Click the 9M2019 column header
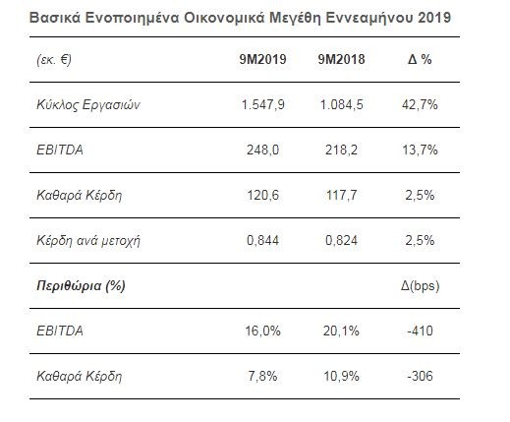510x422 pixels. tap(262, 59)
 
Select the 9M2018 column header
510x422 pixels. tap(341, 59)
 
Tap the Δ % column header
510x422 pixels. tap(420, 59)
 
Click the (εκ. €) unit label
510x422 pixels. tap(54, 60)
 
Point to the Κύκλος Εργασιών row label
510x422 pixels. tap(88, 105)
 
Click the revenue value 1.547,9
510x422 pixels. tap(262, 105)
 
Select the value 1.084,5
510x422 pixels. tap(341, 105)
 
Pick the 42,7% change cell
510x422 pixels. tap(420, 105)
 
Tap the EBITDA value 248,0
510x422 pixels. tap(262, 151)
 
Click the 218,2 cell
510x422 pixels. tap(341, 151)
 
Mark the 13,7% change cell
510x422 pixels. tap(420, 151)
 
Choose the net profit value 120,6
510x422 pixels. tap(262, 196)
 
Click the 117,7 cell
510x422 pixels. tap(341, 196)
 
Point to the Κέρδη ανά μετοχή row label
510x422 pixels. tap(88, 241)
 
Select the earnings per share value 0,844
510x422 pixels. tap(262, 241)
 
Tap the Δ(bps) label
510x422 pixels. tap(420, 286)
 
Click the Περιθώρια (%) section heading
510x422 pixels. tap(81, 286)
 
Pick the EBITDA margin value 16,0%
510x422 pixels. tap(262, 331)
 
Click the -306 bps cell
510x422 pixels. tap(420, 376)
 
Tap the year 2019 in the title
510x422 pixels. tap(434, 18)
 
